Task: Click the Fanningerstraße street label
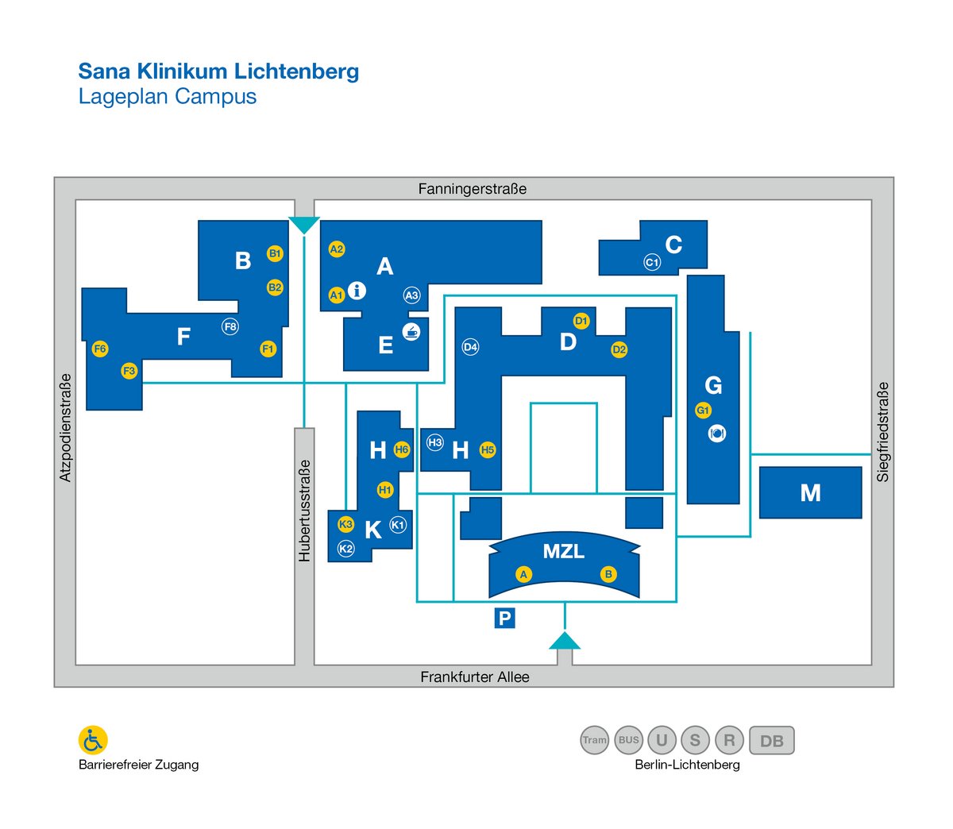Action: (x=472, y=189)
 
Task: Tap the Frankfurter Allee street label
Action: (x=475, y=677)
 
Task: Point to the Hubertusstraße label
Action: (x=303, y=511)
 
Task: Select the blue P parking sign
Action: (x=504, y=618)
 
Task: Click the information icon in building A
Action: (x=357, y=291)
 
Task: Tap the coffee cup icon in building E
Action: (x=411, y=332)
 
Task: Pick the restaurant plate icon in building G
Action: (x=717, y=433)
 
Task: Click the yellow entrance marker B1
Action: (x=275, y=253)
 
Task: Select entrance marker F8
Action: (x=230, y=326)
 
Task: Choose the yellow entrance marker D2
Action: (x=619, y=349)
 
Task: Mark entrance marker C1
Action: (x=652, y=262)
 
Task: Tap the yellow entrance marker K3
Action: (x=345, y=524)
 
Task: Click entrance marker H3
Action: (x=435, y=442)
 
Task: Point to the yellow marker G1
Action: (x=703, y=410)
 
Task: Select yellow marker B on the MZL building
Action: (x=608, y=574)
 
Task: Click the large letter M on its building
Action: (x=811, y=493)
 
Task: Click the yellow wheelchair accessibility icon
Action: (x=93, y=740)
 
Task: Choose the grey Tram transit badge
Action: (x=595, y=739)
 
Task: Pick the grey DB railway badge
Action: (x=772, y=740)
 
